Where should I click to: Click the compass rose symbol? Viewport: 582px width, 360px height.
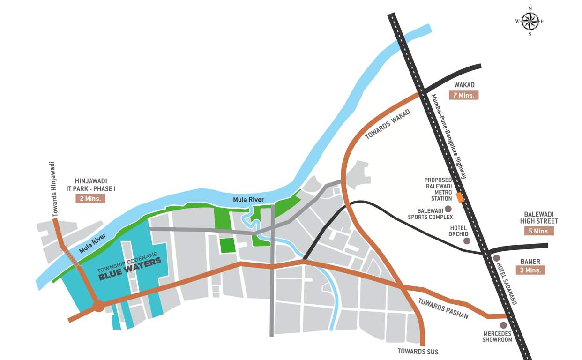coord(530,21)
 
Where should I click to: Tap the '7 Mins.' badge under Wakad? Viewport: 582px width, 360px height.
coord(463,95)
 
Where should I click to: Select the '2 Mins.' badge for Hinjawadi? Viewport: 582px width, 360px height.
coord(90,198)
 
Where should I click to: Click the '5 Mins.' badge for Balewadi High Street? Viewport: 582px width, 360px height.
coord(539,231)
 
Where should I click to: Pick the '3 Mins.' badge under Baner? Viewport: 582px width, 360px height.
coord(530,270)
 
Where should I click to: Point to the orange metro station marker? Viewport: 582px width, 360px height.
coord(460,198)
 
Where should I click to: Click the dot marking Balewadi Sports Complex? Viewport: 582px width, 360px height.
coord(448,209)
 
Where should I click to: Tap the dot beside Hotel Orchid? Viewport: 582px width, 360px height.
coord(467,240)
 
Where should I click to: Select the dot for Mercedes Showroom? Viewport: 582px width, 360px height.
coord(503,325)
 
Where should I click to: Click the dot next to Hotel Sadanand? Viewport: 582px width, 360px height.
coord(496,258)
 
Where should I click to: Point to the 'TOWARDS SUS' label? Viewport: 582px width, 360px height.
coord(418,351)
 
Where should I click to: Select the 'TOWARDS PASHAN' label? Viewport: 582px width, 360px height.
coord(443,308)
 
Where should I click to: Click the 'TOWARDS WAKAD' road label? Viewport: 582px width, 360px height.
coord(388,124)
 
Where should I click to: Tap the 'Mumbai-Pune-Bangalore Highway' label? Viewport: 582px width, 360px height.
coord(449,136)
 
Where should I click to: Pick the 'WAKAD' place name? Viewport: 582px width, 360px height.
coord(464,85)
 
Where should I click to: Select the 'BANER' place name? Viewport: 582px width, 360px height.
coord(530,262)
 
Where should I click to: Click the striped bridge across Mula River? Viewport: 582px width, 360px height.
coord(71,258)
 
